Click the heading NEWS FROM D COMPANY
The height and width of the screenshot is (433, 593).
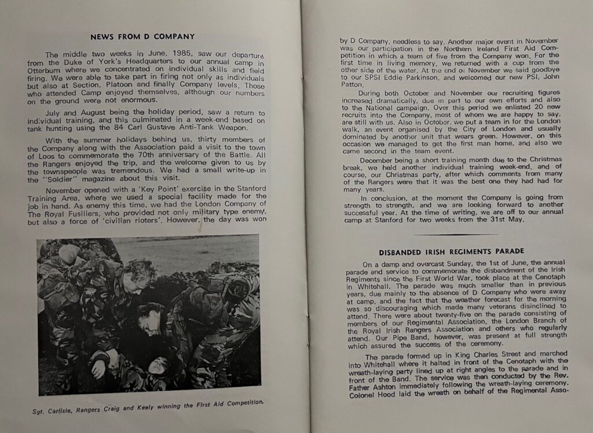click(142, 36)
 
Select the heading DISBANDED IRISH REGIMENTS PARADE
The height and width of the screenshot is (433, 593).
click(452, 251)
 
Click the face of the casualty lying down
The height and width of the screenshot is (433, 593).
click(158, 366)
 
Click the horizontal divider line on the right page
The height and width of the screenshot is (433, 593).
click(455, 234)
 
